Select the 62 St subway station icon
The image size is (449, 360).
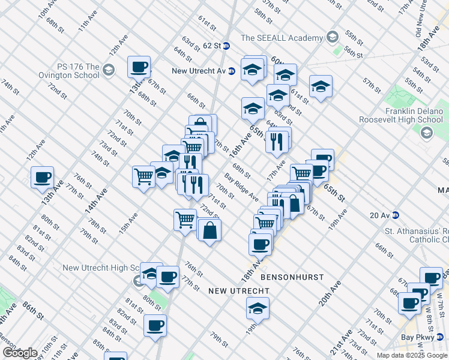pyautogui.click(x=226, y=46)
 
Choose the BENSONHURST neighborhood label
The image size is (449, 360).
pyautogui.click(x=292, y=278)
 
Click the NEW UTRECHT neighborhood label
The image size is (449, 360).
pyautogui.click(x=238, y=291)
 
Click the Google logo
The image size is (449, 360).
pyautogui.click(x=20, y=353)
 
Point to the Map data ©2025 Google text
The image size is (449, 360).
pyautogui.click(x=412, y=355)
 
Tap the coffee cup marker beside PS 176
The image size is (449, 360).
pyautogui.click(x=139, y=67)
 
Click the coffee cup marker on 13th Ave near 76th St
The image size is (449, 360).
pyautogui.click(x=43, y=178)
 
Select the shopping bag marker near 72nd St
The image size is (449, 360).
pyautogui.click(x=209, y=230)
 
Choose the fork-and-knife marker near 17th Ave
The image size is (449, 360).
pyautogui.click(x=277, y=141)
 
